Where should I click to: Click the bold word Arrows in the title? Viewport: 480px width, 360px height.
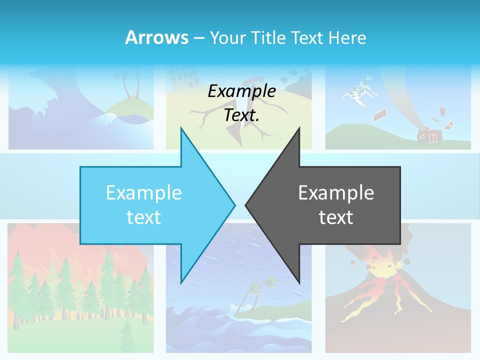coord(156,37)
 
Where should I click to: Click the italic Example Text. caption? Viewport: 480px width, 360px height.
coord(241,103)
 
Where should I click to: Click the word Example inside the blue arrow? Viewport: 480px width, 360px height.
coord(143,192)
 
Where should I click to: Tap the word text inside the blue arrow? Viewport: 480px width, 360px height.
coord(143,217)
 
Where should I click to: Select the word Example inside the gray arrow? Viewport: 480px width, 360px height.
coord(336,192)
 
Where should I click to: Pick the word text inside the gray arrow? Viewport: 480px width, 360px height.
coord(336,217)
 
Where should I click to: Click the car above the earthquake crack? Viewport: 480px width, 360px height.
coord(254,78)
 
